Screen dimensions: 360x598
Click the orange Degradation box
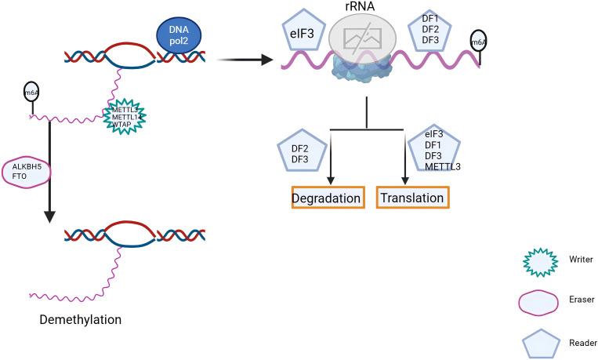pyautogui.click(x=327, y=198)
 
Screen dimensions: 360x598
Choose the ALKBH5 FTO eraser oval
pyautogui.click(x=28, y=172)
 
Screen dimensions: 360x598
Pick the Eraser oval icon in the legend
pyautogui.click(x=539, y=300)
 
